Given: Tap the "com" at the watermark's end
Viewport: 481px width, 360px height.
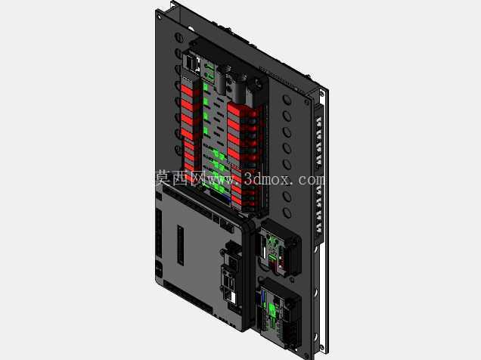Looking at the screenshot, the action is tap(311, 180).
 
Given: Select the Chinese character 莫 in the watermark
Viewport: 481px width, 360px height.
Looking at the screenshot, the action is tap(162, 178).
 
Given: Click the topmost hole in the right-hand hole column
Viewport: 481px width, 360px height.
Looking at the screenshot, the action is tap(287, 100).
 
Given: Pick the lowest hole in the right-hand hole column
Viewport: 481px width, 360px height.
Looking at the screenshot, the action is tap(287, 213).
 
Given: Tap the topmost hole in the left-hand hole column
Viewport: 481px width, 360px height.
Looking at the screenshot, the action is tap(178, 37).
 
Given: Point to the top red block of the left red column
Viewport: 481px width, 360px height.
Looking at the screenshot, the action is tap(187, 91).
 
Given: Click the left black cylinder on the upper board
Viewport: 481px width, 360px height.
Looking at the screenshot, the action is tap(222, 80).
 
